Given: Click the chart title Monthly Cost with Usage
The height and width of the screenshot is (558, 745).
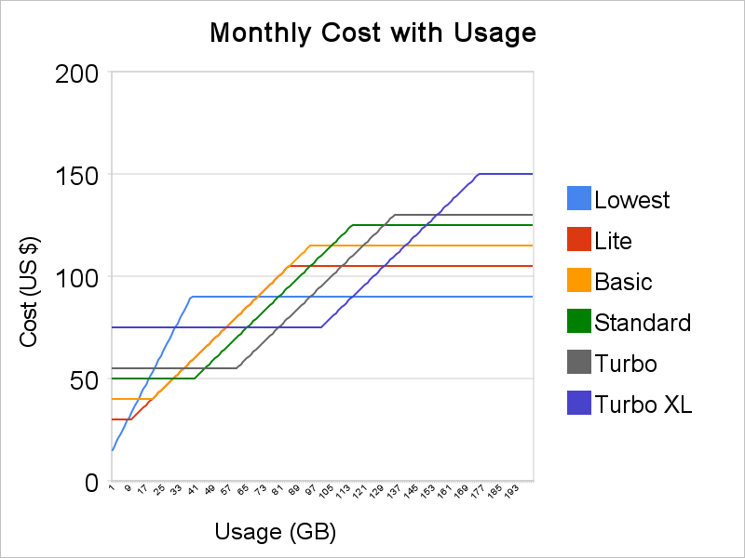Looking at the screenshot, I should tap(372, 33).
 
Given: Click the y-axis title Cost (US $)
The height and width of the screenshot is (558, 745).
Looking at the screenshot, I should tap(29, 276).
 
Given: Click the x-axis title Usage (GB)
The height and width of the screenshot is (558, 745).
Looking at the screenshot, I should tap(275, 532).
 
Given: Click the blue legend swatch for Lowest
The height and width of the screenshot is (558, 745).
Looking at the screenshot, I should tap(579, 199).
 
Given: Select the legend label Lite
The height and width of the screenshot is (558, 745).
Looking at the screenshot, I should tap(613, 241).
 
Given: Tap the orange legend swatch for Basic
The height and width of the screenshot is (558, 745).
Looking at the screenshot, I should tap(579, 281).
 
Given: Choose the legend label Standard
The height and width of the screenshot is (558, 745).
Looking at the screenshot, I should tap(643, 323).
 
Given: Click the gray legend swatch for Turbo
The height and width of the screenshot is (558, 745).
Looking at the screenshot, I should tap(579, 363).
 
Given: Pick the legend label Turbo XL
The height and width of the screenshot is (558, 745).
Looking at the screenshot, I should tap(643, 404).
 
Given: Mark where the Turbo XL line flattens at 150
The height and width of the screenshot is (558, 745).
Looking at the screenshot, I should tap(479, 174).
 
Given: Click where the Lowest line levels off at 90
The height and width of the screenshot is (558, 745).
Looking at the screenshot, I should tap(192, 297).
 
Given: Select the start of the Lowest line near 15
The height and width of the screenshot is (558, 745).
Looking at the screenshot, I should tap(113, 450).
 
